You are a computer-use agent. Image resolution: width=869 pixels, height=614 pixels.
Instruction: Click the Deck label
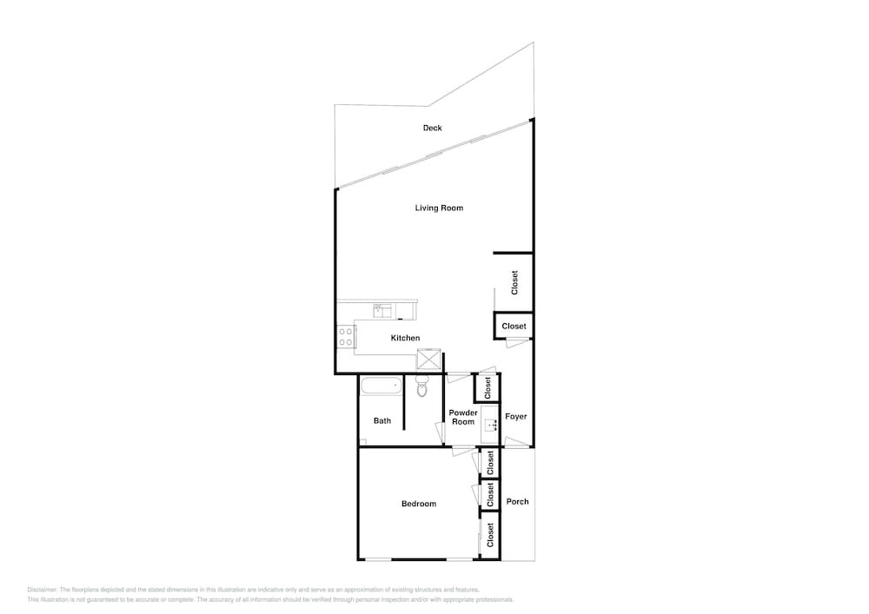click(x=432, y=128)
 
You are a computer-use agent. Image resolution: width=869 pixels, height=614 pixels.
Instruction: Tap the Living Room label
click(x=439, y=208)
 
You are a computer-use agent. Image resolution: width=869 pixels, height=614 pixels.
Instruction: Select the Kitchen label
click(x=405, y=338)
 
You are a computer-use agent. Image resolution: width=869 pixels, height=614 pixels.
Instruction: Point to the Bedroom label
click(x=419, y=504)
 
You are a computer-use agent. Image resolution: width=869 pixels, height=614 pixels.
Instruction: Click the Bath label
click(x=381, y=421)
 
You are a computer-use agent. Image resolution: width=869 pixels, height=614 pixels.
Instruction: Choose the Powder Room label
click(x=463, y=417)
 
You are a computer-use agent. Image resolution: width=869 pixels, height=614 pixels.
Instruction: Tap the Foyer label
click(x=515, y=416)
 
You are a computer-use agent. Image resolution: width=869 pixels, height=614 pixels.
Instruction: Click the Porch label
click(x=517, y=502)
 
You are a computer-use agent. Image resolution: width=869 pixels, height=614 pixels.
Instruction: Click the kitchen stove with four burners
click(x=346, y=337)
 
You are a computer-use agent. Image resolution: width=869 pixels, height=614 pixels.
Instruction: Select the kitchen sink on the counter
click(x=382, y=311)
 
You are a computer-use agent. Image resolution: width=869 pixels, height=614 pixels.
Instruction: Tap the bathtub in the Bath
click(x=381, y=386)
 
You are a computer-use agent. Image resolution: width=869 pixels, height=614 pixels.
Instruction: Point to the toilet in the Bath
click(x=422, y=386)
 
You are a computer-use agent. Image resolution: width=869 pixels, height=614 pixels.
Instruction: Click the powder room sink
click(x=490, y=426)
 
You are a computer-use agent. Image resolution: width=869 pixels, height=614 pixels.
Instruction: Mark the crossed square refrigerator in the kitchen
click(x=429, y=359)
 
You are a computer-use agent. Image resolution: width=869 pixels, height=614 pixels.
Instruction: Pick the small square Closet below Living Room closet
click(x=514, y=326)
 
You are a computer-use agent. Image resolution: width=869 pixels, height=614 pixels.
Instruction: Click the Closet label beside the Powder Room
click(x=488, y=387)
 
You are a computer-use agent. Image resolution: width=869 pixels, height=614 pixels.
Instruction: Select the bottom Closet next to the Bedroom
click(x=490, y=535)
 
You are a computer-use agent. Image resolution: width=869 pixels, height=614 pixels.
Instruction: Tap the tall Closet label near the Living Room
click(x=514, y=282)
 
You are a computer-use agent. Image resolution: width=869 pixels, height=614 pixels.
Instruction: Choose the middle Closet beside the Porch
click(x=490, y=494)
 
